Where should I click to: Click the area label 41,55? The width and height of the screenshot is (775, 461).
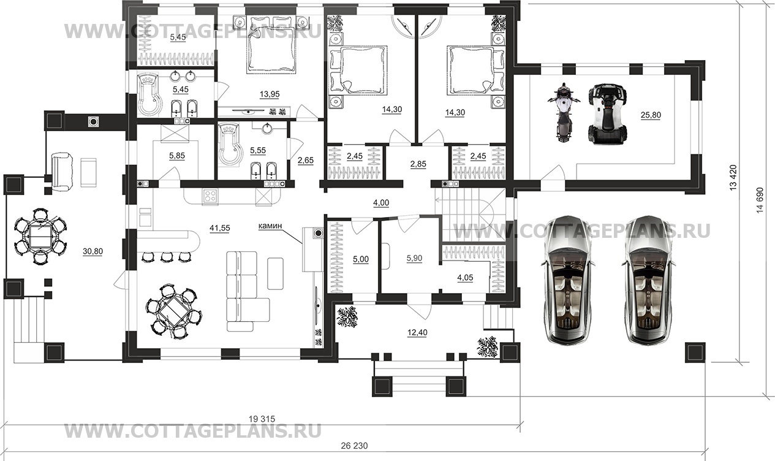click(x=220, y=227)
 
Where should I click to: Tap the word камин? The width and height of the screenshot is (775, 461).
click(x=270, y=226)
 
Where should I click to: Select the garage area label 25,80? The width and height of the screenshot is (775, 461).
click(x=651, y=115)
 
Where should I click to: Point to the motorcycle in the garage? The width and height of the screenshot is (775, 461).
click(x=564, y=112)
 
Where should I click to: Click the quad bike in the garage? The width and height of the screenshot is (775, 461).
click(x=608, y=113)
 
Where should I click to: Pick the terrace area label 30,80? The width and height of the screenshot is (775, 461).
click(x=93, y=251)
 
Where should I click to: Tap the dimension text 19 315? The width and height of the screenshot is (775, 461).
click(x=262, y=419)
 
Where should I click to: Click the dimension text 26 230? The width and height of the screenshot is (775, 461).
click(x=354, y=446)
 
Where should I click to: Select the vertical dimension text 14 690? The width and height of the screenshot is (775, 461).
click(x=760, y=200)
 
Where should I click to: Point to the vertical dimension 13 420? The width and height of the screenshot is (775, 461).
click(x=733, y=178)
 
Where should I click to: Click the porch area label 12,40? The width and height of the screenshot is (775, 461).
click(x=417, y=333)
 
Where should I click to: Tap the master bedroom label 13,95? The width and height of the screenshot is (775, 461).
click(x=270, y=94)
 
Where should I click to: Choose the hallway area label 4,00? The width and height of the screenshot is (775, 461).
click(x=381, y=202)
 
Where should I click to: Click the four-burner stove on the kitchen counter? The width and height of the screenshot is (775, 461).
click(x=211, y=196)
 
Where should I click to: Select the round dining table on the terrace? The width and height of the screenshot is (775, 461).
click(x=40, y=237)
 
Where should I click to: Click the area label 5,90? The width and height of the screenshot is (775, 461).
click(x=414, y=258)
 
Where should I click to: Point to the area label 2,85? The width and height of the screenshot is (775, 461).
click(x=418, y=164)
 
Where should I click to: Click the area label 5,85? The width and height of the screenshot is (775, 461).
click(x=177, y=156)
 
